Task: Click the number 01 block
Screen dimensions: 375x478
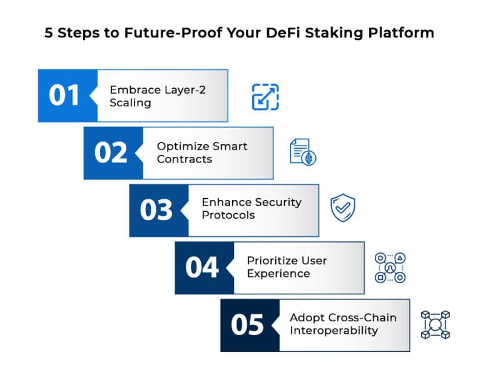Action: click(64, 96)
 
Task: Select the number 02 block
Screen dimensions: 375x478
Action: click(111, 153)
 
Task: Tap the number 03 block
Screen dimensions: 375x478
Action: click(156, 211)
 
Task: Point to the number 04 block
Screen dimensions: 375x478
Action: click(202, 267)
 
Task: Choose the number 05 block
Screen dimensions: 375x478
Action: click(248, 325)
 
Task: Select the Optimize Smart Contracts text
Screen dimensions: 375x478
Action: click(201, 152)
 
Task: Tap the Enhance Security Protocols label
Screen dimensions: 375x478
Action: click(251, 209)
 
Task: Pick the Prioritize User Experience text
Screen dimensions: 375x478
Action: click(287, 267)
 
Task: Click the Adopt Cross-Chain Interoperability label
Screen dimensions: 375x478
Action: click(342, 324)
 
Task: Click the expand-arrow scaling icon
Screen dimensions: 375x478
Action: click(265, 97)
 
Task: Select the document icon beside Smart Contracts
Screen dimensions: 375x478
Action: click(303, 152)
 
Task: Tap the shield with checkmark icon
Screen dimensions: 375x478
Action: click(343, 208)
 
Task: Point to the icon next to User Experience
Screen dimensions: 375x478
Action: click(390, 267)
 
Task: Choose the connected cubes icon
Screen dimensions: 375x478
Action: click(435, 324)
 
